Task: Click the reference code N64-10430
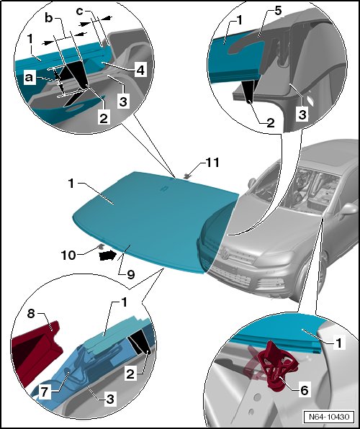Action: [x=329, y=417]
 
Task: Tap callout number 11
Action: [x=212, y=163]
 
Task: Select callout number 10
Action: [x=68, y=256]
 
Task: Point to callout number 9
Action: [x=131, y=274]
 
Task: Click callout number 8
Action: [x=31, y=314]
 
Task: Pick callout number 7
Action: [x=45, y=392]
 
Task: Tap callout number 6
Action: [x=304, y=390]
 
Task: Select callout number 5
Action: [x=278, y=12]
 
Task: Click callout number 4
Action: [x=140, y=70]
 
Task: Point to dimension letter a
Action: [x=29, y=78]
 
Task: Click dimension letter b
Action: [x=48, y=18]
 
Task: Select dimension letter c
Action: [x=79, y=12]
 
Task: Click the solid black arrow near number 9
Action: [x=107, y=256]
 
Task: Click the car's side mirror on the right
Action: [x=348, y=210]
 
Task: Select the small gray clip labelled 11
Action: [x=187, y=176]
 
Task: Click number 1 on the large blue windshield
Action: [x=71, y=183]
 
